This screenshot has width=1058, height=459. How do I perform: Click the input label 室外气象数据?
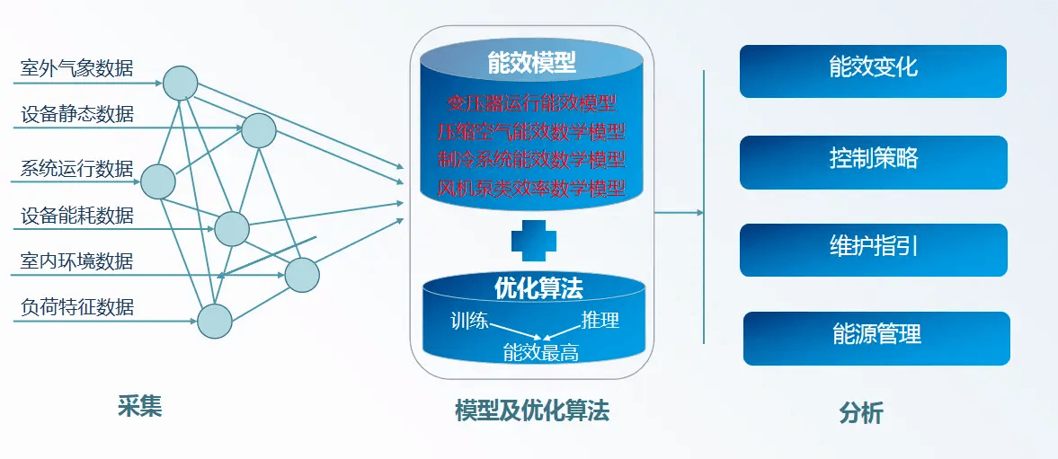coord(77,68)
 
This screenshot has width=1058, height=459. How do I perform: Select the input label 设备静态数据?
coord(77,114)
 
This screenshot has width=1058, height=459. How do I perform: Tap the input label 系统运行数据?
coord(77,169)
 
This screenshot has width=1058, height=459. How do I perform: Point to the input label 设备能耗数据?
coord(77,216)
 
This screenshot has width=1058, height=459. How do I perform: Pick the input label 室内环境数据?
coord(77,261)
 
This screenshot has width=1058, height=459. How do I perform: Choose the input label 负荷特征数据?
coord(77,307)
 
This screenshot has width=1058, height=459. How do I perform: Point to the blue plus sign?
coord(534,240)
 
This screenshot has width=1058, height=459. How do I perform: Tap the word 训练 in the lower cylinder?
coord(470,320)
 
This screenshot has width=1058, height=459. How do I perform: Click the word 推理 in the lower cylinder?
coord(600,320)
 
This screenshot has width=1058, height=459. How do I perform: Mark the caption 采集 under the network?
coord(139,407)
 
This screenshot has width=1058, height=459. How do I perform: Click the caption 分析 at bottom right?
coord(861,413)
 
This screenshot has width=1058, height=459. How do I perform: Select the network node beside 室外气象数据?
coord(181,83)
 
